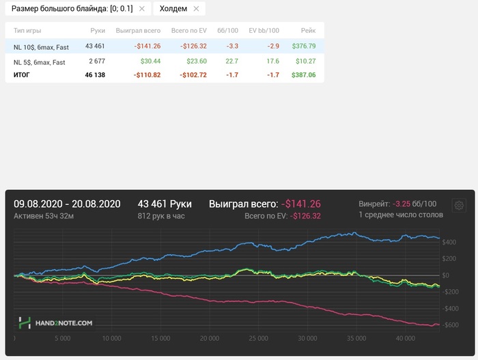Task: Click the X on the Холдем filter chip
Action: (196, 9)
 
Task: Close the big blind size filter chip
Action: (141, 9)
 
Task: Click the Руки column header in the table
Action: (97, 31)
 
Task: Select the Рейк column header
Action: (308, 31)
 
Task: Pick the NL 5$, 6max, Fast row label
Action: (39, 62)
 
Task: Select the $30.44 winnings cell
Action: (150, 62)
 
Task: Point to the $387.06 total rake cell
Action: (303, 74)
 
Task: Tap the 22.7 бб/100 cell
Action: (232, 62)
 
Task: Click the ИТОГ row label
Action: (22, 74)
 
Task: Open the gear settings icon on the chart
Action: (459, 205)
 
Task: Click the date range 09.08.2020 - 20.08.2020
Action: (67, 204)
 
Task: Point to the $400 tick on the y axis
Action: (449, 242)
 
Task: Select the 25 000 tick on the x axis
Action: (257, 337)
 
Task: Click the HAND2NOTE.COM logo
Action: (56, 322)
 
